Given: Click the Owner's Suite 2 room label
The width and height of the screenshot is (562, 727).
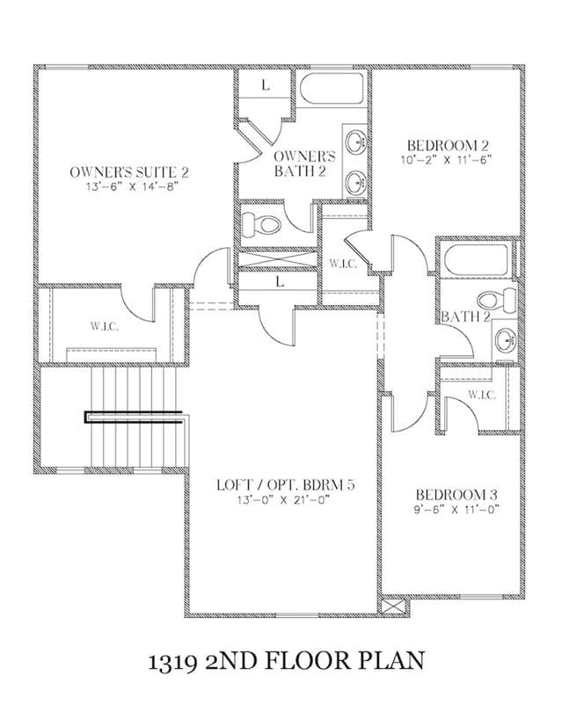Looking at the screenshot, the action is tap(129, 172).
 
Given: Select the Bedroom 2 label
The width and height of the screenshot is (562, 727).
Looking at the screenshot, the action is tap(448, 145).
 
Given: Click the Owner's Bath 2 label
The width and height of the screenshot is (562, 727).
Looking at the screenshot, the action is tap(304, 164).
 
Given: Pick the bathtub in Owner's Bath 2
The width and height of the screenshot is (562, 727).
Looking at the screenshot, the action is tap(332, 88).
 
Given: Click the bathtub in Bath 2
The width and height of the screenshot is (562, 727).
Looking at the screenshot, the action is tap(476, 259).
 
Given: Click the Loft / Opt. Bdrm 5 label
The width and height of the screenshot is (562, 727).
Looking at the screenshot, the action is tap(286, 485).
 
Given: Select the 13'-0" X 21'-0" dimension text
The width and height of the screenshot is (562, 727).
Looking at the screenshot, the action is tap(284, 500).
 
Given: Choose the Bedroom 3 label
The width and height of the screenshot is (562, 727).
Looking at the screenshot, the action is tap(456, 494).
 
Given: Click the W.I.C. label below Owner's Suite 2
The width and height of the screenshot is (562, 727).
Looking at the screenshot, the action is tap(105, 326).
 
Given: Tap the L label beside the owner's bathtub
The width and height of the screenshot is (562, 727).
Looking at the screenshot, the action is tap(266, 85).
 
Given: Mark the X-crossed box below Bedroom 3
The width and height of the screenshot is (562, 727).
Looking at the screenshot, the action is tap(393, 607).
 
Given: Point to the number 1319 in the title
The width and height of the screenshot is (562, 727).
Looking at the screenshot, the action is tap(171, 661).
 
